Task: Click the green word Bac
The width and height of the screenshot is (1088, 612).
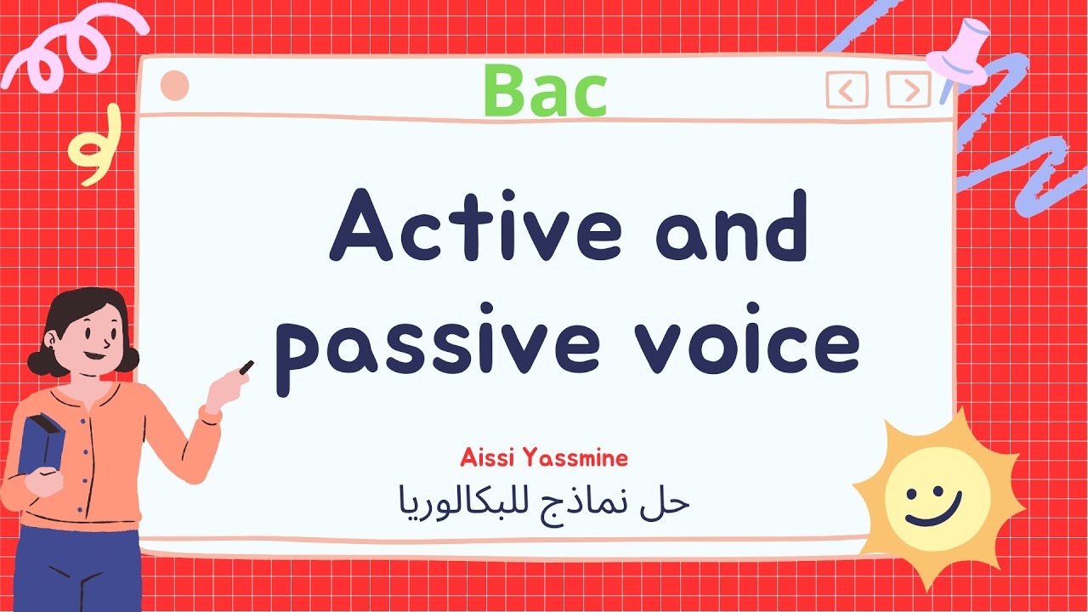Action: click(545, 92)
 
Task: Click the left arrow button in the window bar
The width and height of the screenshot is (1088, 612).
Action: click(847, 89)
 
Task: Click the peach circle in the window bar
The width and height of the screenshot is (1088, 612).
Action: click(174, 86)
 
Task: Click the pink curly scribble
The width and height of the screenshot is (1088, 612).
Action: click(68, 51)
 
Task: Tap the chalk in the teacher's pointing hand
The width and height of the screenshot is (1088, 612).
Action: click(246, 367)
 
